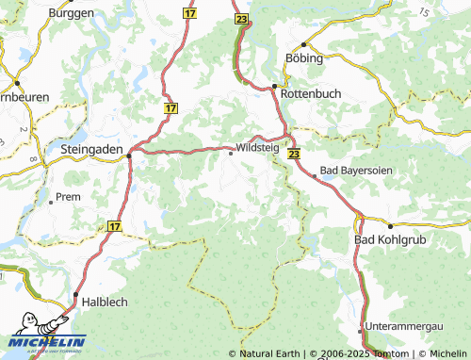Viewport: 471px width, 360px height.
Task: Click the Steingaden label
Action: point(90,148)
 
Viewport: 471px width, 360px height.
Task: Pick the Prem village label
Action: point(69,197)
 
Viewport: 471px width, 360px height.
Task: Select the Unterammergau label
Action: point(407,325)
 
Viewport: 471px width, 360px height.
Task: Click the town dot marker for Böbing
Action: point(303,44)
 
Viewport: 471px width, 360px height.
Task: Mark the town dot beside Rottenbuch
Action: point(274,87)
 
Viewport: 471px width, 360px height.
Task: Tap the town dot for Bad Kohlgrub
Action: point(390,226)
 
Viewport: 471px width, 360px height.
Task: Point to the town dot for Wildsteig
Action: point(231,155)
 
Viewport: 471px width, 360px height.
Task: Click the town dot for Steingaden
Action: point(130,158)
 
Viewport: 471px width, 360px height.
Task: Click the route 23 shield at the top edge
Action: point(243,19)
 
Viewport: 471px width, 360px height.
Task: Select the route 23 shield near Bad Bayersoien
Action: point(294,153)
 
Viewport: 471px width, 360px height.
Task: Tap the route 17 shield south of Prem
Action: point(114,226)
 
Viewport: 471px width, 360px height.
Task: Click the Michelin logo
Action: point(47,339)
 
